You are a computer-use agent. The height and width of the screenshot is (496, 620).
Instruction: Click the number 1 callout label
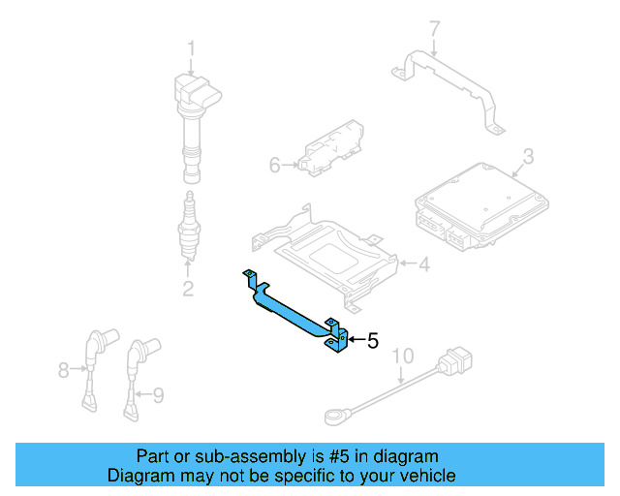click(x=191, y=47)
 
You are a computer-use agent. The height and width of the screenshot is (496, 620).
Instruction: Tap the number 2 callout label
click(x=188, y=288)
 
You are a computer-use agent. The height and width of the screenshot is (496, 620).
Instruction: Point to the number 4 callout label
click(x=423, y=263)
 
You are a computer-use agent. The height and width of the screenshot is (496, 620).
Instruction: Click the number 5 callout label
click(x=372, y=340)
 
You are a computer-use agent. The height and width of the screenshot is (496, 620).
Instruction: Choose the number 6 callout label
click(x=274, y=166)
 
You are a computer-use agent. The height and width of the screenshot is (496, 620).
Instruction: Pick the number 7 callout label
click(x=434, y=29)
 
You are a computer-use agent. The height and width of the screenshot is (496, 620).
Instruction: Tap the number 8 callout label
click(x=64, y=369)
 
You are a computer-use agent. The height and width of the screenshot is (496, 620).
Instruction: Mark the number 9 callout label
click(x=159, y=393)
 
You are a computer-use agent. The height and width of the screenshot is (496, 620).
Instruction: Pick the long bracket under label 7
click(x=450, y=83)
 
